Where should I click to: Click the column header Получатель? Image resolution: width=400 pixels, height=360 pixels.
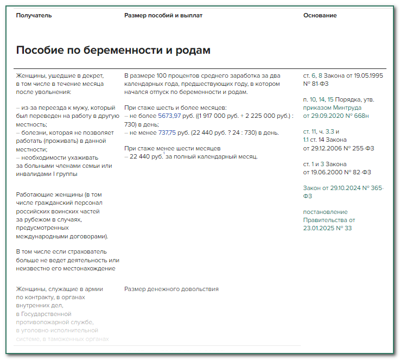34,15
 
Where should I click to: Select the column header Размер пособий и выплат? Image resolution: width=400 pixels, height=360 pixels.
163,15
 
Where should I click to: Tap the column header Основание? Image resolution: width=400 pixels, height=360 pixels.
320,15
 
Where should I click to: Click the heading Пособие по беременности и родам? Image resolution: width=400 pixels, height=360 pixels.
113,50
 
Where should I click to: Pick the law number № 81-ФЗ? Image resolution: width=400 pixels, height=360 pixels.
316,84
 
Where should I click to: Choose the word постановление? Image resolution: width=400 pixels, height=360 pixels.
325,212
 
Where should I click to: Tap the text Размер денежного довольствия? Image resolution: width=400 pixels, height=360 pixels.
171,289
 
